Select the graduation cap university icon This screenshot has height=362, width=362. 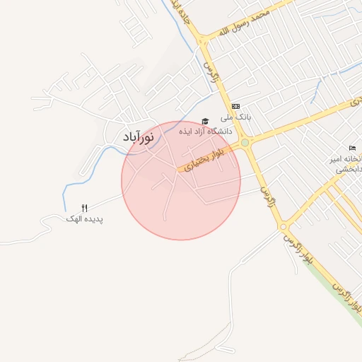(205, 121)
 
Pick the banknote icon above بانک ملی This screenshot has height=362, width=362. (235, 105)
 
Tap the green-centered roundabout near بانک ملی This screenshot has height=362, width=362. (245, 143)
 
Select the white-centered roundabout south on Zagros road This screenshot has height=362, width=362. (283, 227)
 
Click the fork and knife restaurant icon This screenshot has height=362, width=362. (85, 208)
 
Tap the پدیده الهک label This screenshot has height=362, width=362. (85, 219)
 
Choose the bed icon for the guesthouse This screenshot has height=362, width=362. (352, 148)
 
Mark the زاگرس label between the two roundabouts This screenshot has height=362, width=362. (264, 187)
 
